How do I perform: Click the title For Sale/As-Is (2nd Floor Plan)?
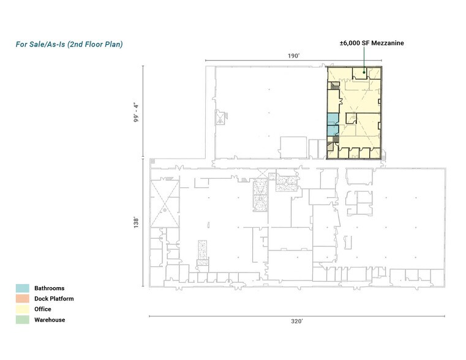pyautogui.click(x=69, y=45)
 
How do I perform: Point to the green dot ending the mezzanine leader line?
pyautogui.click(x=364, y=73)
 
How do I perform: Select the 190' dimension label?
pyautogui.click(x=294, y=56)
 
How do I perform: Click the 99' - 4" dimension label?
pyautogui.click(x=137, y=111)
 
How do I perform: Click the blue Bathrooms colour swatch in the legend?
pyautogui.click(x=23, y=288)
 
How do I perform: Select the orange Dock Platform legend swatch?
pyautogui.click(x=23, y=299)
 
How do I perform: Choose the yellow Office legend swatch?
pyautogui.click(x=23, y=309)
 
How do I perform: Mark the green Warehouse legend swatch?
pyautogui.click(x=23, y=320)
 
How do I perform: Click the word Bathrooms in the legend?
pyautogui.click(x=49, y=288)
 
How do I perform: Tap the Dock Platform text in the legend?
pyautogui.click(x=54, y=299)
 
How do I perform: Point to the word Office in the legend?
pyautogui.click(x=43, y=309)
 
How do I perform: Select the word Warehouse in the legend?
pyautogui.click(x=50, y=320)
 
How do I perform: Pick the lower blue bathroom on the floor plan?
pyautogui.click(x=331, y=130)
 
